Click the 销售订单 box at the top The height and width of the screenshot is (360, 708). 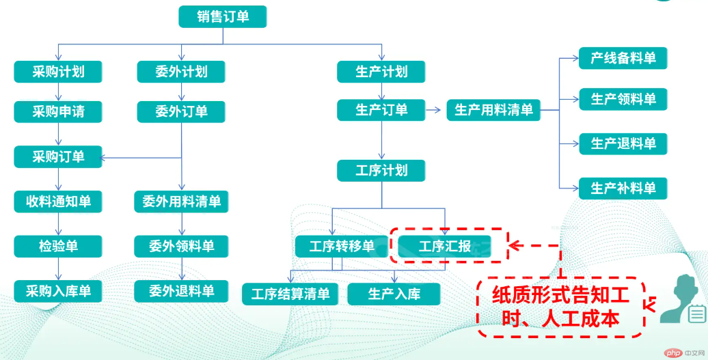click(x=223, y=16)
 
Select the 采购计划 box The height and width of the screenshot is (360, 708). click(x=58, y=72)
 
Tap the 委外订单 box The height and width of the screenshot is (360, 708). click(x=181, y=111)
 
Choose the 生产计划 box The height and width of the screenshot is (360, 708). click(x=381, y=72)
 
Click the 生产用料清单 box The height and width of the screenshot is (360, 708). click(x=493, y=109)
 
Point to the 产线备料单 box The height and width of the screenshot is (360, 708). click(x=623, y=58)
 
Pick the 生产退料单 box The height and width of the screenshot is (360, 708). click(x=623, y=144)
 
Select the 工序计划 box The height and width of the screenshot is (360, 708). click(x=381, y=171)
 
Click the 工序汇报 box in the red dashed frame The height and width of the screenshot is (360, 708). click(x=445, y=247)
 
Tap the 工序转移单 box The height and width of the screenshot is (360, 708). click(x=342, y=247)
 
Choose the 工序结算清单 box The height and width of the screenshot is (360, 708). click(x=290, y=294)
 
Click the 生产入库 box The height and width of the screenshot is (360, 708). click(x=394, y=294)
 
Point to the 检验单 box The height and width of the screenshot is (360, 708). click(x=58, y=247)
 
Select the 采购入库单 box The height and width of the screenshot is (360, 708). click(x=58, y=291)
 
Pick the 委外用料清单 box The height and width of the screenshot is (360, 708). click(x=181, y=202)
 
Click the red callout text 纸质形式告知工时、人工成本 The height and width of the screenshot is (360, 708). click(x=560, y=307)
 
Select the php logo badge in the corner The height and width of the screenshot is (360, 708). click(x=672, y=351)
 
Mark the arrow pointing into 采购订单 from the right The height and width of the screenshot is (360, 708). click(x=141, y=158)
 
